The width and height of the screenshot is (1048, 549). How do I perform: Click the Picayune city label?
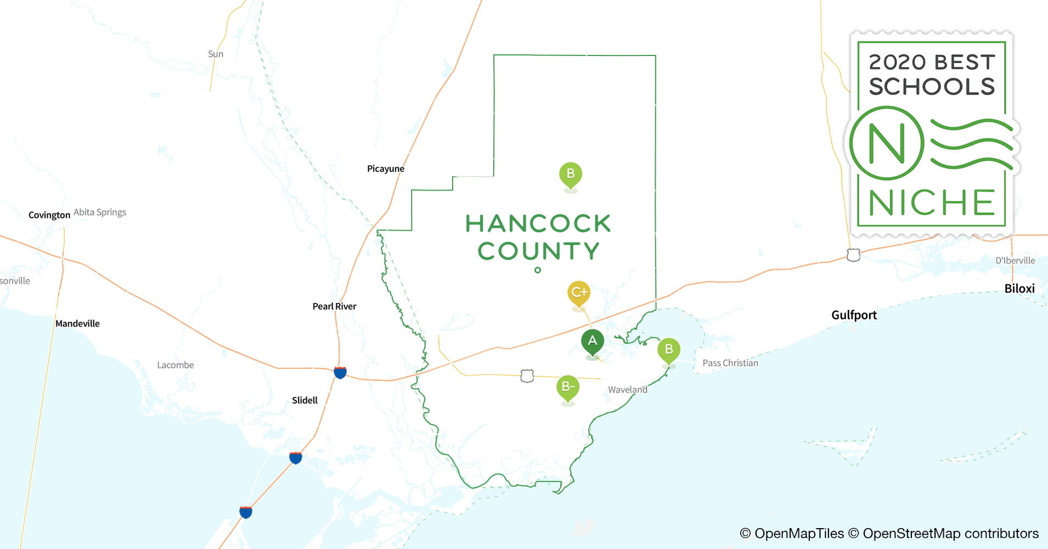pyautogui.click(x=385, y=169)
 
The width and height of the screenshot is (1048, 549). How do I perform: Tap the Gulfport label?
pyautogui.click(x=854, y=315)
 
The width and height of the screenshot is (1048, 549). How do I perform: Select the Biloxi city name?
pyautogui.click(x=1019, y=289)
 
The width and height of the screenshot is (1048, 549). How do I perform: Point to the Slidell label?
pyautogui.click(x=305, y=400)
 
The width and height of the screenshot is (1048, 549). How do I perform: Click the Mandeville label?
pyautogui.click(x=77, y=324)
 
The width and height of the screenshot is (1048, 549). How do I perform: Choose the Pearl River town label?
pyautogui.click(x=334, y=306)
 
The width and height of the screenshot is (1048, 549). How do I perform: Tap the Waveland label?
pyautogui.click(x=627, y=390)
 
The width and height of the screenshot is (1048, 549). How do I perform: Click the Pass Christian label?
pyautogui.click(x=730, y=363)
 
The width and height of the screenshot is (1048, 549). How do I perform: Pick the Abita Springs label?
pyautogui.click(x=100, y=212)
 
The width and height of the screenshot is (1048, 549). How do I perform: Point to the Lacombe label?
pyautogui.click(x=175, y=365)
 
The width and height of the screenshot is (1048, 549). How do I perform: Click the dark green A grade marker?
pyautogui.click(x=593, y=341)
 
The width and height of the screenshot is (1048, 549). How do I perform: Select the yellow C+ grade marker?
pyautogui.click(x=579, y=293)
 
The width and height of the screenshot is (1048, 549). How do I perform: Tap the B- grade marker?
pyautogui.click(x=568, y=388)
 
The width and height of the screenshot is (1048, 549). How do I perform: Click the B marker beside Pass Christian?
pyautogui.click(x=669, y=350)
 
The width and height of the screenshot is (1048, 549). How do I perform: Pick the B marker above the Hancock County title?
pyautogui.click(x=571, y=175)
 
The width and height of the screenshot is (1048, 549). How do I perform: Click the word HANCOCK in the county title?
pyautogui.click(x=538, y=224)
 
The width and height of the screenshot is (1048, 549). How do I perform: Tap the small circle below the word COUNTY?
pyautogui.click(x=538, y=270)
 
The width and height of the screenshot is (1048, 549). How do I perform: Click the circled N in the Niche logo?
pyautogui.click(x=887, y=143)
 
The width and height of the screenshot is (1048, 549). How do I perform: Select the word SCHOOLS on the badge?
pyautogui.click(x=932, y=87)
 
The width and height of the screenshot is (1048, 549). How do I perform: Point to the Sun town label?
pyautogui.click(x=216, y=54)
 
